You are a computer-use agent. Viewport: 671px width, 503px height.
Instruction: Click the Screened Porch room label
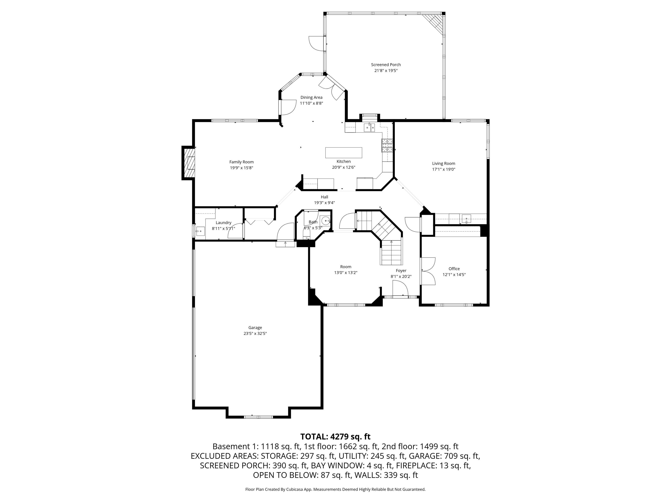tap(386, 65)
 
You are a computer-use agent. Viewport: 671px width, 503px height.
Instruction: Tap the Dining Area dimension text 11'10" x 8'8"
tap(311, 103)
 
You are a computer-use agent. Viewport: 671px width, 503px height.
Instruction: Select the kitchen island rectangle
tap(344, 153)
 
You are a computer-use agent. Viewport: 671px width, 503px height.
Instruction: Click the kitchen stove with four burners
tap(387, 145)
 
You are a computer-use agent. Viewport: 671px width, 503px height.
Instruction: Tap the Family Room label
tap(241, 162)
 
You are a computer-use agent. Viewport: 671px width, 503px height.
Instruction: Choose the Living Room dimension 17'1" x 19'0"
tap(443, 169)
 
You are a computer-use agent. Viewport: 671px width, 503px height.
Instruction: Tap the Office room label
tap(454, 269)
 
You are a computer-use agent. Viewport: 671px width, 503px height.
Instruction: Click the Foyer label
tap(401, 271)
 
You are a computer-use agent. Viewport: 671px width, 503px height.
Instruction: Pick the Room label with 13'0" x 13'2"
tap(346, 267)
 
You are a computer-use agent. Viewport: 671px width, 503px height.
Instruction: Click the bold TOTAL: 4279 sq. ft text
tap(335, 437)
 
